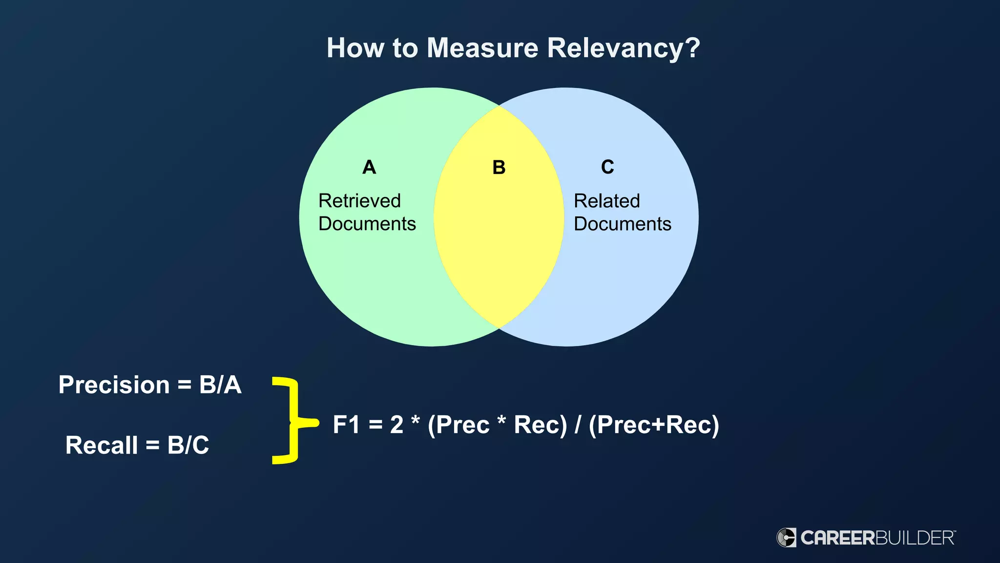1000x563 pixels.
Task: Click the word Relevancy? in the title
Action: tap(624, 48)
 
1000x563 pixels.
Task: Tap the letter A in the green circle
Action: tap(369, 167)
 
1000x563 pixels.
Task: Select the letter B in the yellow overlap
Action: tap(499, 167)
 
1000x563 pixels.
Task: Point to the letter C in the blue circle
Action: tap(607, 167)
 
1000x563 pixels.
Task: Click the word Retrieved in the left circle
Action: tap(359, 201)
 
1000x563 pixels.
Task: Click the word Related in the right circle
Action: tap(606, 201)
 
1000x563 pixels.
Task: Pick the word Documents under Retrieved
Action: tap(367, 224)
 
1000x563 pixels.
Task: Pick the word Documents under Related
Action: tap(622, 224)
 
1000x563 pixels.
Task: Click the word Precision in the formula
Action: tap(114, 385)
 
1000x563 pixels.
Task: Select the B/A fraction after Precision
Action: tap(220, 385)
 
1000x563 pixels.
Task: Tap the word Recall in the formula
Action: tap(102, 445)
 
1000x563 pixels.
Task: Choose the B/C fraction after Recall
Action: tap(188, 445)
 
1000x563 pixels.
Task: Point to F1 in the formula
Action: tap(346, 424)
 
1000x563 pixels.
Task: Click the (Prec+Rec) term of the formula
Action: tap(654, 424)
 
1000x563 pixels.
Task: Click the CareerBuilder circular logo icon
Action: tap(786, 538)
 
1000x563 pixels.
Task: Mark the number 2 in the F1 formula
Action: tap(396, 424)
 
